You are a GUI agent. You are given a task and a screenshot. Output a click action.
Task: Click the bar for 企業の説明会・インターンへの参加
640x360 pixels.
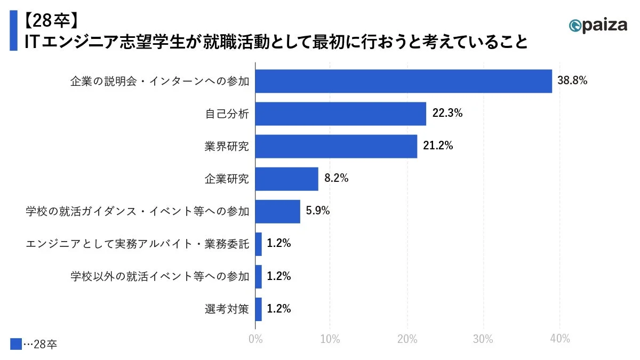404,81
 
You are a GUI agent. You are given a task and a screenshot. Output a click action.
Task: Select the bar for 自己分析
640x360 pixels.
341,114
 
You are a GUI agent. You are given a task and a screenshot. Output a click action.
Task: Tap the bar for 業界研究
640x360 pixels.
336,146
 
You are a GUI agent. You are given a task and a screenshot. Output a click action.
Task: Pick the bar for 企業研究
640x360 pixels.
287,179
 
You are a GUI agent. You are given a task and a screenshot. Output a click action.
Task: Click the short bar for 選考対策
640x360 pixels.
259,309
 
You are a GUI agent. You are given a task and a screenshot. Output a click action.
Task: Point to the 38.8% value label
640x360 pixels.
572,81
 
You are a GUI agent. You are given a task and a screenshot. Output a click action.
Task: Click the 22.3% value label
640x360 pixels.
447,114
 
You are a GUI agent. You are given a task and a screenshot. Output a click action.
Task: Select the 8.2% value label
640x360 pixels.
336,179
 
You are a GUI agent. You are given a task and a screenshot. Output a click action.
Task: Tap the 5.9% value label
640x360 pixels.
318,211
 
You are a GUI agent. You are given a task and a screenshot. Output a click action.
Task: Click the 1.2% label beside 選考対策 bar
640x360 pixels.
278,309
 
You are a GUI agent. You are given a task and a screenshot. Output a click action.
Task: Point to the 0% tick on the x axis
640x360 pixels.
255,339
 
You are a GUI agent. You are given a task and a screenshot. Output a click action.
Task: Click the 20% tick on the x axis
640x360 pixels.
407,339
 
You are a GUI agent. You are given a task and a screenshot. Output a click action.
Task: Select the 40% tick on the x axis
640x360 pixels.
559,339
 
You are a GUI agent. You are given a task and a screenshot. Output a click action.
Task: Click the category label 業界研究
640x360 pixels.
227,146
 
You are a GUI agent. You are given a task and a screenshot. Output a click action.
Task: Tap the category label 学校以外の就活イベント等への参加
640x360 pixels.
160,276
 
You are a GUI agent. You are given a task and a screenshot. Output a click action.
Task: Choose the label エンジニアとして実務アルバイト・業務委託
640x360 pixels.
138,244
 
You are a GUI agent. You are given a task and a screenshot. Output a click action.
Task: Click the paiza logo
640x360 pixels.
597,25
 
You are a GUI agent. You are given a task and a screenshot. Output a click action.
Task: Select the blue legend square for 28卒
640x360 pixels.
16,344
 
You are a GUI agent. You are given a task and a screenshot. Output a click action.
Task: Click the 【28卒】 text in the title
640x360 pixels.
51,20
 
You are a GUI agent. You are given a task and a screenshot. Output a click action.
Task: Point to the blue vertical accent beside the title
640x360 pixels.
13,31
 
